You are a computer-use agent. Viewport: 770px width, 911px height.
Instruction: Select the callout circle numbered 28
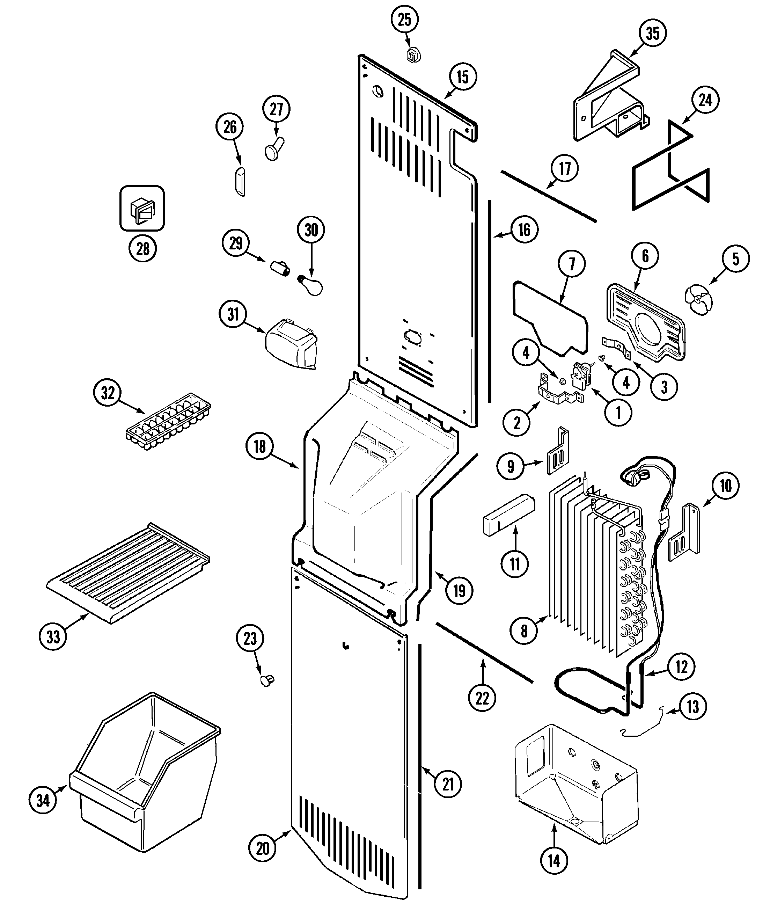[x=143, y=249]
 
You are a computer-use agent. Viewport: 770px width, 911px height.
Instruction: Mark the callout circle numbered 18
[x=260, y=446]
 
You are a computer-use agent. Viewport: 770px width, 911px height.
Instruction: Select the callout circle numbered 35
[x=653, y=33]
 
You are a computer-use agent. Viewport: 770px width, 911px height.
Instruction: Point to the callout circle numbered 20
[x=262, y=848]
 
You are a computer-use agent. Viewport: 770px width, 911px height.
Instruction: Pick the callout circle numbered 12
[x=681, y=666]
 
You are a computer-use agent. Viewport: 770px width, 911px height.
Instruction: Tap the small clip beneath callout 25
[x=413, y=56]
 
